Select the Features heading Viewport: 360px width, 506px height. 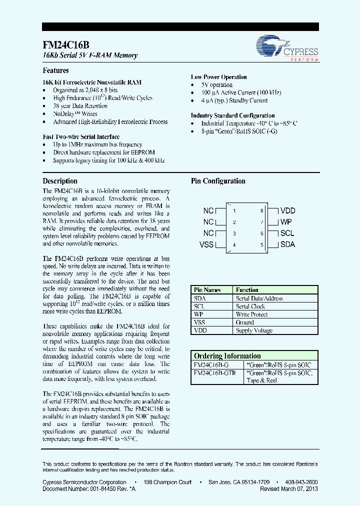[55, 70]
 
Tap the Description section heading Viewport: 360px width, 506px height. [60, 181]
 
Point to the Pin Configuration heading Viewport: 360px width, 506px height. [218, 181]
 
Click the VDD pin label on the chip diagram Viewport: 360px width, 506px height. [287, 211]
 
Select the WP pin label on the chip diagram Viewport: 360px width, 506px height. [286, 222]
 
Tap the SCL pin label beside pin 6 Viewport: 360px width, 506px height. [287, 233]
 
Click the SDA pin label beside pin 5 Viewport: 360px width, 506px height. [287, 244]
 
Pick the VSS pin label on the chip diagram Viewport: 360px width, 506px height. [206, 244]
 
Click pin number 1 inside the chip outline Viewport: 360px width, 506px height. [234, 211]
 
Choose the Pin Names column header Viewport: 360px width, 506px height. [207, 290]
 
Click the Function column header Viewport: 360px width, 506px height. [247, 290]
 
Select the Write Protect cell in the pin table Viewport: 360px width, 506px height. [251, 314]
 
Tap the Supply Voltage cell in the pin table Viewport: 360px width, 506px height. [254, 330]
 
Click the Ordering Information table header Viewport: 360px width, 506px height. [227, 356]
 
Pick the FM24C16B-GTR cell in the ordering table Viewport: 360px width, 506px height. [214, 372]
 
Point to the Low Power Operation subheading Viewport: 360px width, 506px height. [218, 77]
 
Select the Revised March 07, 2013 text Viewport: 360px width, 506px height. [288, 489]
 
